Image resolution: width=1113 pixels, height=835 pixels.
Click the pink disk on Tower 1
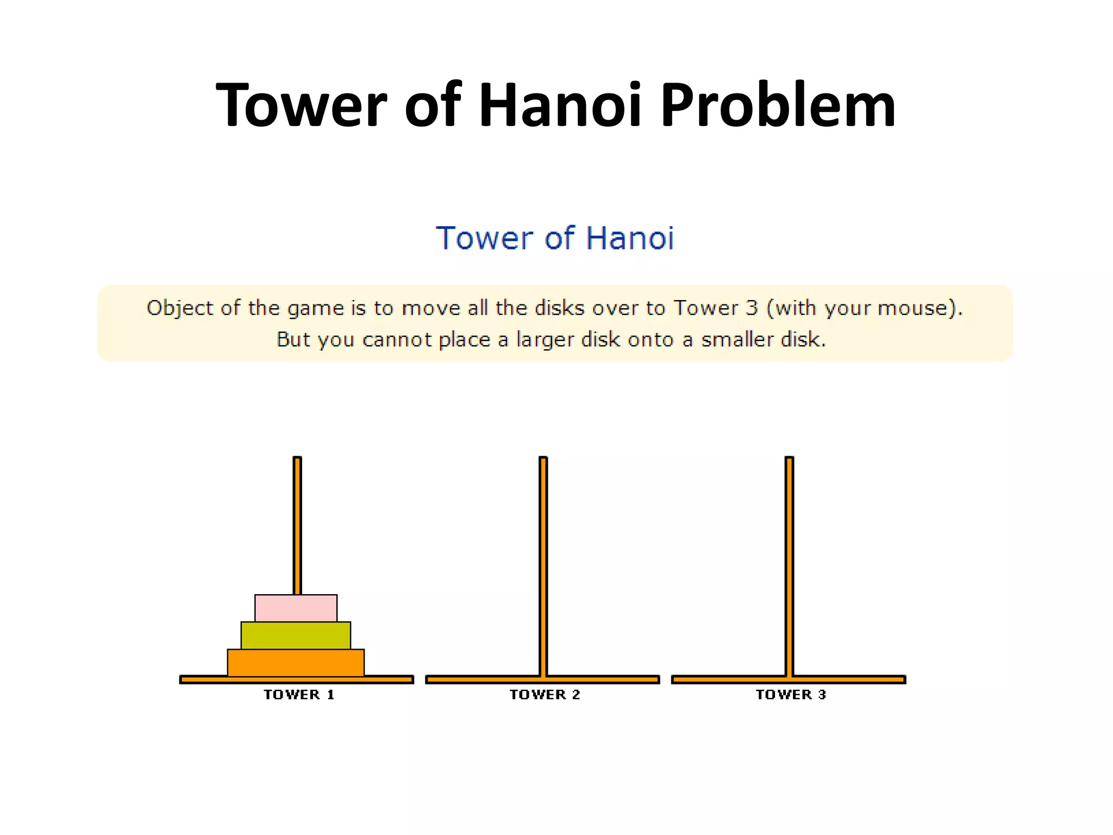click(296, 608)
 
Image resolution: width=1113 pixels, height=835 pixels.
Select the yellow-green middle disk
click(296, 635)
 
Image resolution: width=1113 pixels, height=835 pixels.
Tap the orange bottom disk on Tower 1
click(296, 663)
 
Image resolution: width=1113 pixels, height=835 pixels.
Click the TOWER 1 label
click(299, 694)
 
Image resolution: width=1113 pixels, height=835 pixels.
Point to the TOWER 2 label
click(545, 694)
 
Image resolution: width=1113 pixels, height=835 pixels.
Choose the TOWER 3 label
click(791, 694)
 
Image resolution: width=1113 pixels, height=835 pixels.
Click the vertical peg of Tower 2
click(543, 565)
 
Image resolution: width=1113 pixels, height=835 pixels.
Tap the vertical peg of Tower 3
click(789, 565)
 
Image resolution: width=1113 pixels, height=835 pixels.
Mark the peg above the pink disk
click(297, 525)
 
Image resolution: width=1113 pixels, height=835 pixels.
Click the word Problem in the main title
click(778, 104)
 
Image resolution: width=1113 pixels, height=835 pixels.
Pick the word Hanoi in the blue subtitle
click(630, 238)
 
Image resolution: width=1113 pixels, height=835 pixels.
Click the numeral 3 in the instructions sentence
click(752, 308)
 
